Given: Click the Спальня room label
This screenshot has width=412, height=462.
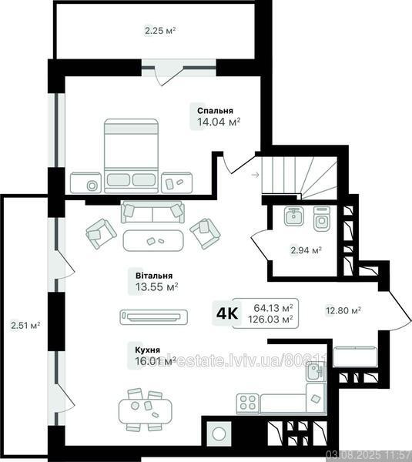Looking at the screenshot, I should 216,111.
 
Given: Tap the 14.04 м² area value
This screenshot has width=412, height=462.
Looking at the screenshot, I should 219,122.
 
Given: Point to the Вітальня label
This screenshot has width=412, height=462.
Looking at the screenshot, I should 153,276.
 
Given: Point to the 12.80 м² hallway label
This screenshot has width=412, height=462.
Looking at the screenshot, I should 343,311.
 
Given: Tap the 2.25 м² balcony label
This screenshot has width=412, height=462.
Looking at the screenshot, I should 160,31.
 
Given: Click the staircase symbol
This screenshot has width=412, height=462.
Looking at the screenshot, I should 299,174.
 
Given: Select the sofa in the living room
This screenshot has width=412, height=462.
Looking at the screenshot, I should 152,212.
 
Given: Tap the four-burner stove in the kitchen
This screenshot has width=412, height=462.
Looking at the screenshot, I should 248,402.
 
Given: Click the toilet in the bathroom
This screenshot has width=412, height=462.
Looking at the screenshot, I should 322,219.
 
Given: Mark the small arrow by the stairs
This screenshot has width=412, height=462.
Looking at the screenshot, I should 255,175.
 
